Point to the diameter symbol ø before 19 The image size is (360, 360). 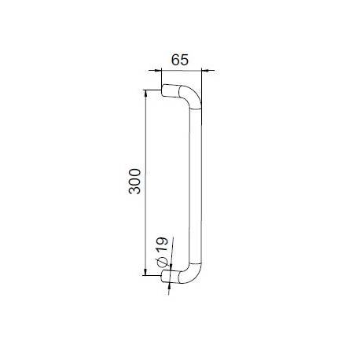(160, 261)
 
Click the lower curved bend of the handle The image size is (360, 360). (191, 271)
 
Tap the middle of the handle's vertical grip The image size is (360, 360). (197, 182)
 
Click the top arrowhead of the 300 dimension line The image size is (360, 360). (145, 92)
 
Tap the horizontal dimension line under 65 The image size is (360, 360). (182, 70)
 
